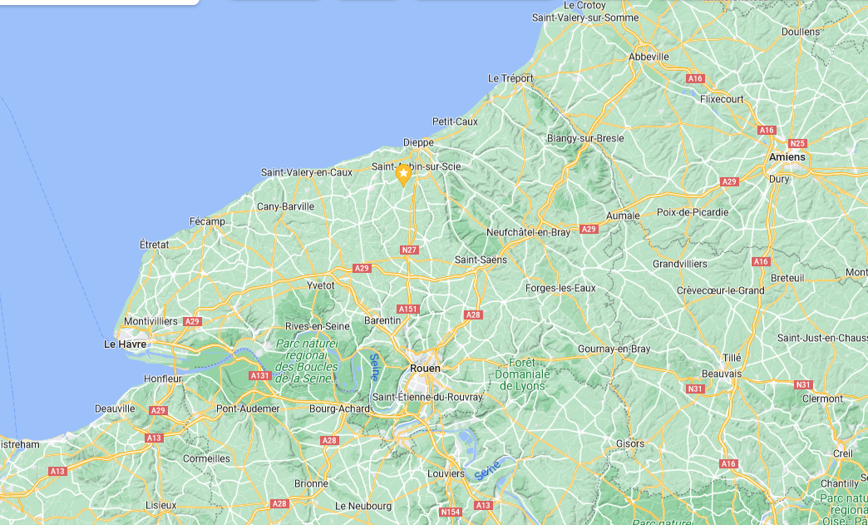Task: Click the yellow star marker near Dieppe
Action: click(403, 174)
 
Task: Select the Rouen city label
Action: click(425, 368)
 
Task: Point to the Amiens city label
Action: click(787, 157)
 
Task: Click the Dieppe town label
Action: click(418, 142)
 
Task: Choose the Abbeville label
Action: click(649, 57)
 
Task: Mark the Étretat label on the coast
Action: click(154, 245)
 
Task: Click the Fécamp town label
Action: click(207, 221)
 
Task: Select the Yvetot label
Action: click(321, 285)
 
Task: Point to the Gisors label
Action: click(630, 443)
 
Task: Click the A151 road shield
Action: click(408, 309)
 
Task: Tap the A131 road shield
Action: click(260, 376)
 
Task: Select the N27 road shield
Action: click(408, 250)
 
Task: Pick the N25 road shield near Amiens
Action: click(798, 143)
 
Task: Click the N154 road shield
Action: click(451, 512)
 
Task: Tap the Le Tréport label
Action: click(510, 78)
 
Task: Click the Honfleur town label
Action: click(161, 379)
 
